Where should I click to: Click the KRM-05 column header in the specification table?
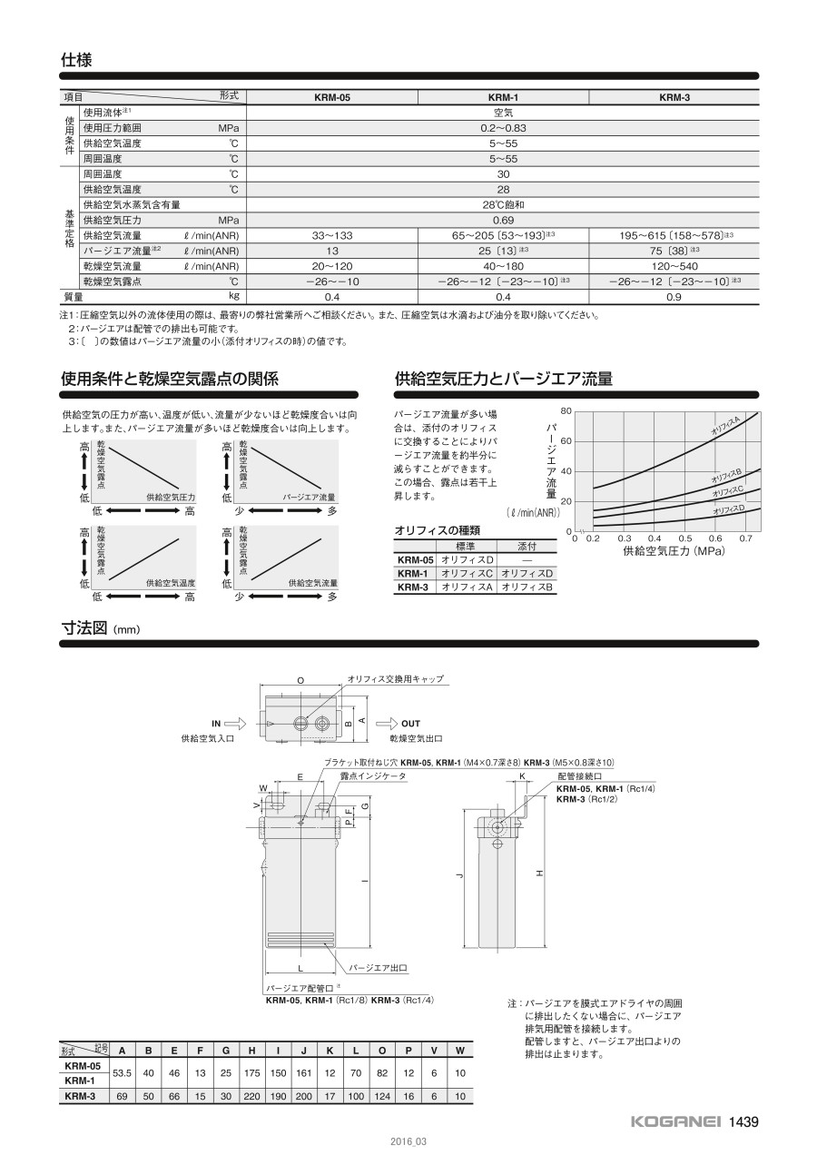click(x=331, y=97)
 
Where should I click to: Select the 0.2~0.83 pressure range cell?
click(x=503, y=128)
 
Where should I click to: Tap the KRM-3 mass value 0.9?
click(x=674, y=297)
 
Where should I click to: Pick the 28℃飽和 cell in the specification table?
click(x=503, y=205)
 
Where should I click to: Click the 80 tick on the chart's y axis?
click(x=566, y=411)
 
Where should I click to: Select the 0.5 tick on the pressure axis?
click(x=685, y=538)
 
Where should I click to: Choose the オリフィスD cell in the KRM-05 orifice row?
click(x=466, y=560)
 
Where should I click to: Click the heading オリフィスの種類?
click(x=437, y=530)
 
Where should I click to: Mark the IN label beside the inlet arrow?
click(x=216, y=724)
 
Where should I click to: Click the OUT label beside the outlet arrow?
click(x=410, y=724)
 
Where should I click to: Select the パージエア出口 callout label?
click(x=379, y=968)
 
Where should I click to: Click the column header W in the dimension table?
click(x=461, y=1051)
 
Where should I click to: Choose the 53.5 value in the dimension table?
click(x=122, y=1073)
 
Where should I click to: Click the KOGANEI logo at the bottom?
click(x=675, y=1121)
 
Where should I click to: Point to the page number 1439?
click(x=743, y=1121)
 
